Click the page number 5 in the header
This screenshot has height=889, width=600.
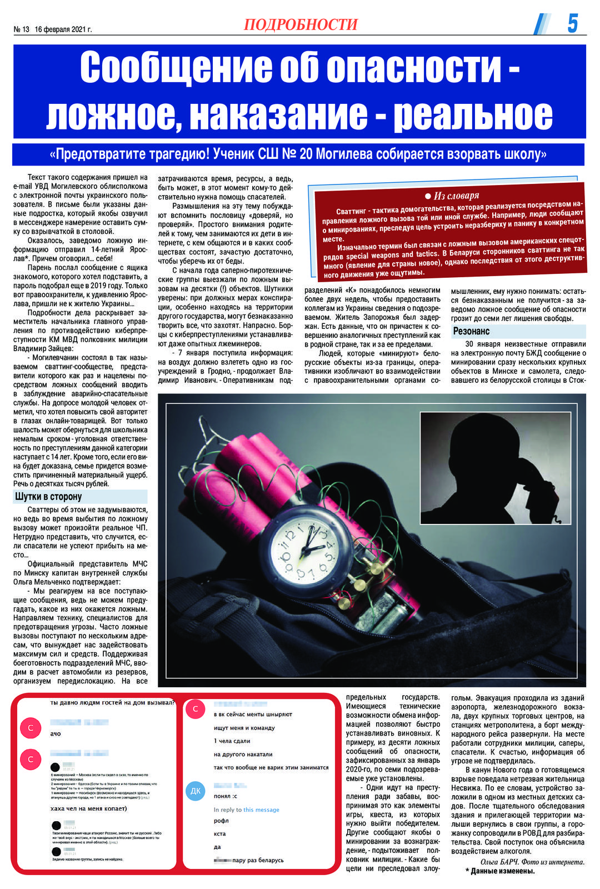point(573,23)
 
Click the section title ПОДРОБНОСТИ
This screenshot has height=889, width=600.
point(301,24)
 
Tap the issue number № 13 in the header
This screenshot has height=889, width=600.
point(21,29)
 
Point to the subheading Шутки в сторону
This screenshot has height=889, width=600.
point(48,496)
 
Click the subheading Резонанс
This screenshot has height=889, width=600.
point(471,331)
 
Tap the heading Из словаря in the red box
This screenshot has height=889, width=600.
point(456,196)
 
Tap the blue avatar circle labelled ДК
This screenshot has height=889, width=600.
point(196,791)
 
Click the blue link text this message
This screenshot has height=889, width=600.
point(261,810)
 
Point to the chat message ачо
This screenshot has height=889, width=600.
point(56,733)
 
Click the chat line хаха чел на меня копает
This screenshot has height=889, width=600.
point(88,808)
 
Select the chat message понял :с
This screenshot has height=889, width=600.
point(226,796)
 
